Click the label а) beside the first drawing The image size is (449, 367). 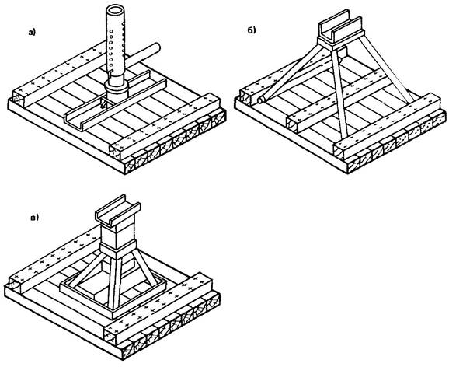[32, 33]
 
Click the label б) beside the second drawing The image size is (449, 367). [252, 30]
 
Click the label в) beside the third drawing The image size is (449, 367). [34, 218]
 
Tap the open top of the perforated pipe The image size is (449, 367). [116, 9]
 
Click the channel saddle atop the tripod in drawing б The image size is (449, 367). [342, 30]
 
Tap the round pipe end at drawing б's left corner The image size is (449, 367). [261, 100]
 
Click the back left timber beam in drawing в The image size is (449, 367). [54, 258]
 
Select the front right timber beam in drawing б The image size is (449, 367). [387, 127]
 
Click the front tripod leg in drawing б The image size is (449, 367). [339, 93]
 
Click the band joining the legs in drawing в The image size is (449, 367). [118, 250]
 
